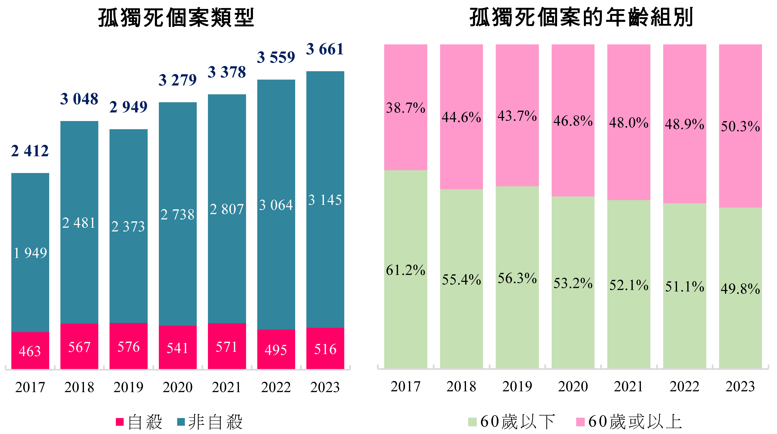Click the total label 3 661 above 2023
click(325, 49)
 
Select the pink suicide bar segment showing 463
click(30, 351)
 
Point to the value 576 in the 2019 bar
click(129, 347)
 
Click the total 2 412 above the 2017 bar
click(30, 151)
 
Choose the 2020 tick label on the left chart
click(178, 387)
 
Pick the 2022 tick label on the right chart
click(684, 387)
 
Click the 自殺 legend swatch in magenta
click(120, 422)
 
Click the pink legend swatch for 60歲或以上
click(580, 422)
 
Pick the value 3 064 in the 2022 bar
click(276, 205)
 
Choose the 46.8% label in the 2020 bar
click(573, 121)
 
